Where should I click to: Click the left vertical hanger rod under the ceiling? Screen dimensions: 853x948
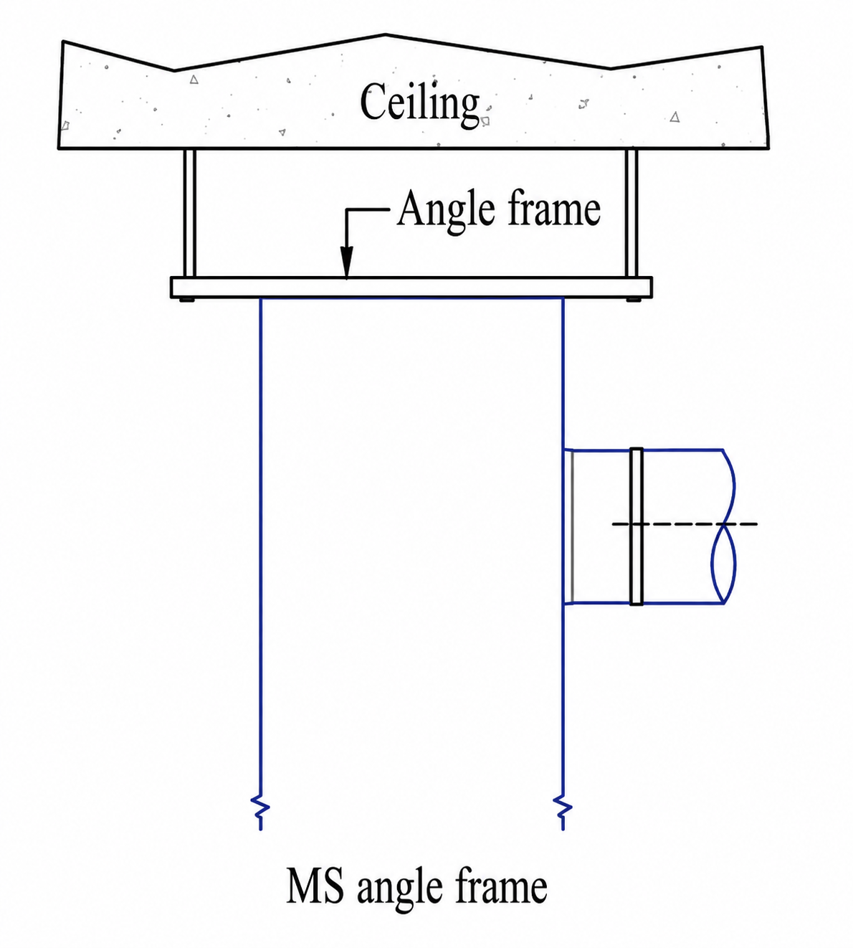pyautogui.click(x=189, y=214)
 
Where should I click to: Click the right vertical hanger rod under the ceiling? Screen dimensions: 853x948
pyautogui.click(x=632, y=214)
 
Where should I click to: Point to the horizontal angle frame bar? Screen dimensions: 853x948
pyautogui.click(x=411, y=288)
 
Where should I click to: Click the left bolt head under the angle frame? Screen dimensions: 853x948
pyautogui.click(x=187, y=300)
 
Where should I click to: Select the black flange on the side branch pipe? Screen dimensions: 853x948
pyautogui.click(x=637, y=526)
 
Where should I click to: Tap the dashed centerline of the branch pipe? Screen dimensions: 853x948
pyautogui.click(x=685, y=523)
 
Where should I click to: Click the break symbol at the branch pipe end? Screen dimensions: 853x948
pyautogui.click(x=725, y=526)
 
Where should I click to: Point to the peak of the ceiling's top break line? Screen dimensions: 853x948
pyautogui.click(x=385, y=34)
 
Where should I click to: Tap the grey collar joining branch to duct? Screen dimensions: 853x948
pyautogui.click(x=569, y=526)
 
